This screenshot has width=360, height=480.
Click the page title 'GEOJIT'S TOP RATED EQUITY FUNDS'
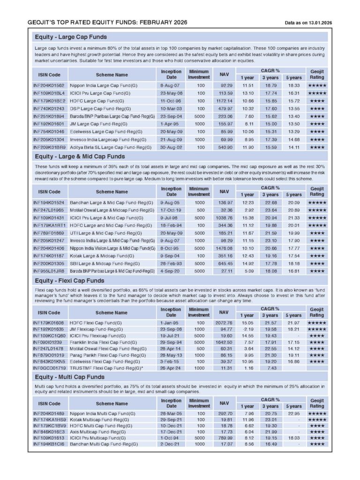pyautogui.click(x=108, y=22)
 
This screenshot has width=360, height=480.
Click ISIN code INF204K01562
pyautogui.click(x=49, y=85)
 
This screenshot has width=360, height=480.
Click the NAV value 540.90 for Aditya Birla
pyautogui.click(x=225, y=147)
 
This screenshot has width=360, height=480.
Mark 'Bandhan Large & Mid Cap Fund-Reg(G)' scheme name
pyautogui.click(x=112, y=202)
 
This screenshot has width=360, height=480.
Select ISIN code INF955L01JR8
pyautogui.click(x=49, y=271)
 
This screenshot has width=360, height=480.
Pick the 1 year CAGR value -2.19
pyautogui.click(x=248, y=330)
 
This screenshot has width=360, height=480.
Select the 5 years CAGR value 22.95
pyautogui.click(x=294, y=413)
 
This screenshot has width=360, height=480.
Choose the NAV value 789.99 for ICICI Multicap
pyautogui.click(x=225, y=437)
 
